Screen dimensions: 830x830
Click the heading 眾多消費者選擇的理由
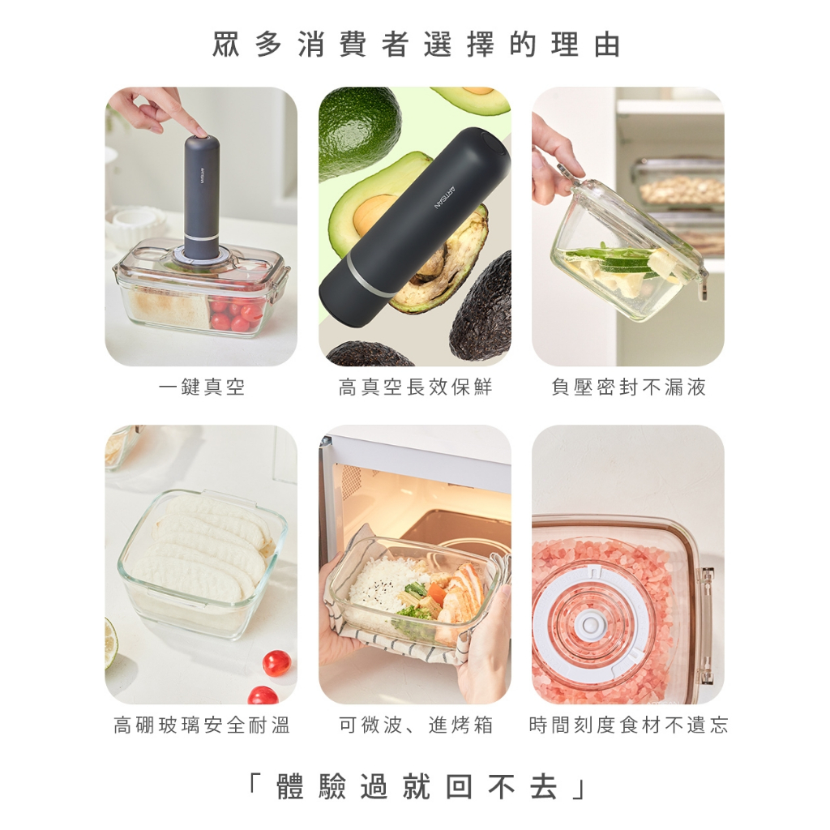tap(416, 45)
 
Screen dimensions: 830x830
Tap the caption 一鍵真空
tap(201, 387)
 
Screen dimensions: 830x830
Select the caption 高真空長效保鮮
tap(416, 387)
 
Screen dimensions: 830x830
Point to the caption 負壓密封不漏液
tap(628, 387)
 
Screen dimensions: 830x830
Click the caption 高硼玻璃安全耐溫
tap(202, 725)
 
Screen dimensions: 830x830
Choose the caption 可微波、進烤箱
tap(416, 725)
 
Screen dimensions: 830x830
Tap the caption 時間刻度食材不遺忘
tap(628, 725)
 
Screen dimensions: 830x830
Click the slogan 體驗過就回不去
tap(416, 786)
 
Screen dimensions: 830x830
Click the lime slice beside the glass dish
tap(110, 643)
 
